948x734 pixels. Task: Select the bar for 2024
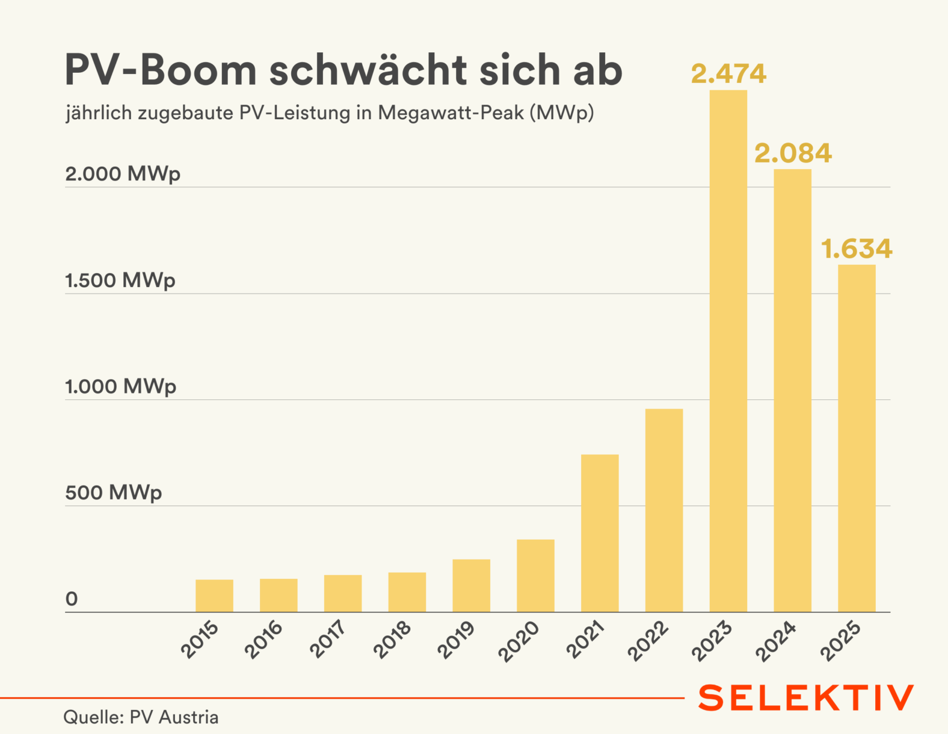tap(792, 390)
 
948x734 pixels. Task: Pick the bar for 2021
tap(600, 533)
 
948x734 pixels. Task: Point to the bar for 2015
tap(214, 596)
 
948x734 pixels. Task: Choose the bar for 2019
tap(471, 585)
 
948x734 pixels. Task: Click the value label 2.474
tap(728, 74)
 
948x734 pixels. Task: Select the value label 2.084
tap(793, 153)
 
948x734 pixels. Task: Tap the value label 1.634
tap(857, 249)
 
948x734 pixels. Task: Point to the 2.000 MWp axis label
tap(123, 174)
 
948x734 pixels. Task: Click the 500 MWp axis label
tap(114, 493)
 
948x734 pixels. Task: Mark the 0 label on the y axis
tap(72, 599)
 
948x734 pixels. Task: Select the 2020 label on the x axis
tap(519, 641)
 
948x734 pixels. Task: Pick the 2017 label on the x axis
tap(328, 639)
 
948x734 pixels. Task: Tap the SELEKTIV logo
tap(805, 698)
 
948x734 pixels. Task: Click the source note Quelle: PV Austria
tap(141, 717)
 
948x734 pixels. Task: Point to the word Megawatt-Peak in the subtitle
tap(451, 113)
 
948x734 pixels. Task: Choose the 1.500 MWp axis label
tap(120, 280)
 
